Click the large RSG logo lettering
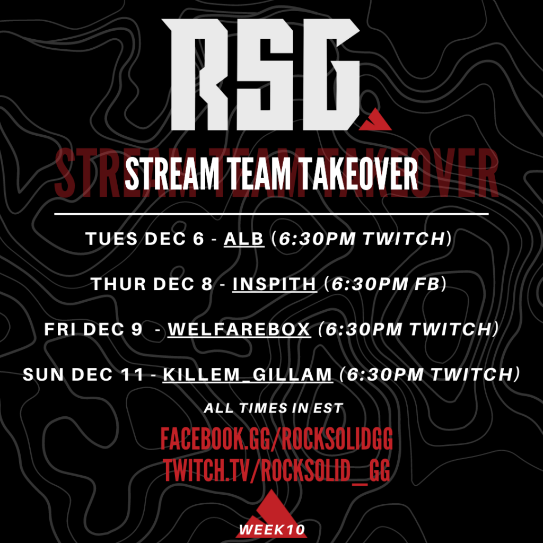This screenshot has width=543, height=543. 260,74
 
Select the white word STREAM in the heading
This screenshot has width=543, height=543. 172,174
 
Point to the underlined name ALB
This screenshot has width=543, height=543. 244,239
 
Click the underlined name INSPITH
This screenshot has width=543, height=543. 275,284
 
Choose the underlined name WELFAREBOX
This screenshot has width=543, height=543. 239,329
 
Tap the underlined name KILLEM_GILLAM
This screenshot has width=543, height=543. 248,374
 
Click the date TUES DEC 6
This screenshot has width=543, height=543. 145,239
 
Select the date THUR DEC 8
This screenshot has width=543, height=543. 152,284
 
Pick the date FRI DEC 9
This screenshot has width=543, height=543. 93,329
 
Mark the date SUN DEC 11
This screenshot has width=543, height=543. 83,374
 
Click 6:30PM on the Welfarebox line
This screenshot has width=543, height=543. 363,329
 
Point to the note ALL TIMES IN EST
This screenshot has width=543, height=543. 274,408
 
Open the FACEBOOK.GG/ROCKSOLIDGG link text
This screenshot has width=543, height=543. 277,439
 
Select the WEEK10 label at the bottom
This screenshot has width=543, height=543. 272,530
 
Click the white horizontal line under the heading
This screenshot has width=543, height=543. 271,214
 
